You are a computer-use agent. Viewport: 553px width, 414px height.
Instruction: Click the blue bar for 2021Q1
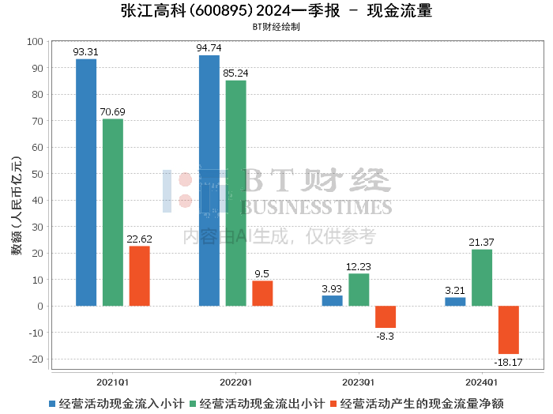click(x=86, y=183)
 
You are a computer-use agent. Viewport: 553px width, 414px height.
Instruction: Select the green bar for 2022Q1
click(x=235, y=193)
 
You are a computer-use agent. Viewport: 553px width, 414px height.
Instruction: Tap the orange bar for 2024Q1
click(x=509, y=329)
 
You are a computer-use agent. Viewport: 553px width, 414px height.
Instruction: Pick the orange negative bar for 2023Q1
click(x=386, y=317)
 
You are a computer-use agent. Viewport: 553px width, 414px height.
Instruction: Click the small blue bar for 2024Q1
click(x=455, y=302)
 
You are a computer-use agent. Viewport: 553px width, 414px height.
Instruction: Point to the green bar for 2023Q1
click(x=359, y=289)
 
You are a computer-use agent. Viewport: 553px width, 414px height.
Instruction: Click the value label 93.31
click(x=86, y=52)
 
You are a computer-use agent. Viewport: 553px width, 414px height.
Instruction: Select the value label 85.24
click(x=235, y=73)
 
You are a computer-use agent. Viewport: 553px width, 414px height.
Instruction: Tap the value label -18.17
click(x=509, y=362)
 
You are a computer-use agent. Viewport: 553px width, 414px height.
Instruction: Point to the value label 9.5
click(x=262, y=273)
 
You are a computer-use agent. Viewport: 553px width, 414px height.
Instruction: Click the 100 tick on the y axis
click(x=35, y=41)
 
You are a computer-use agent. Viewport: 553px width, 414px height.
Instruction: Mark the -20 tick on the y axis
click(x=36, y=359)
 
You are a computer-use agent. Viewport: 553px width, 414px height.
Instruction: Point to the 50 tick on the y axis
click(x=38, y=174)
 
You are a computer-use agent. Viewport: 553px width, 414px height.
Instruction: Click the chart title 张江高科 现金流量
click(x=276, y=11)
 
